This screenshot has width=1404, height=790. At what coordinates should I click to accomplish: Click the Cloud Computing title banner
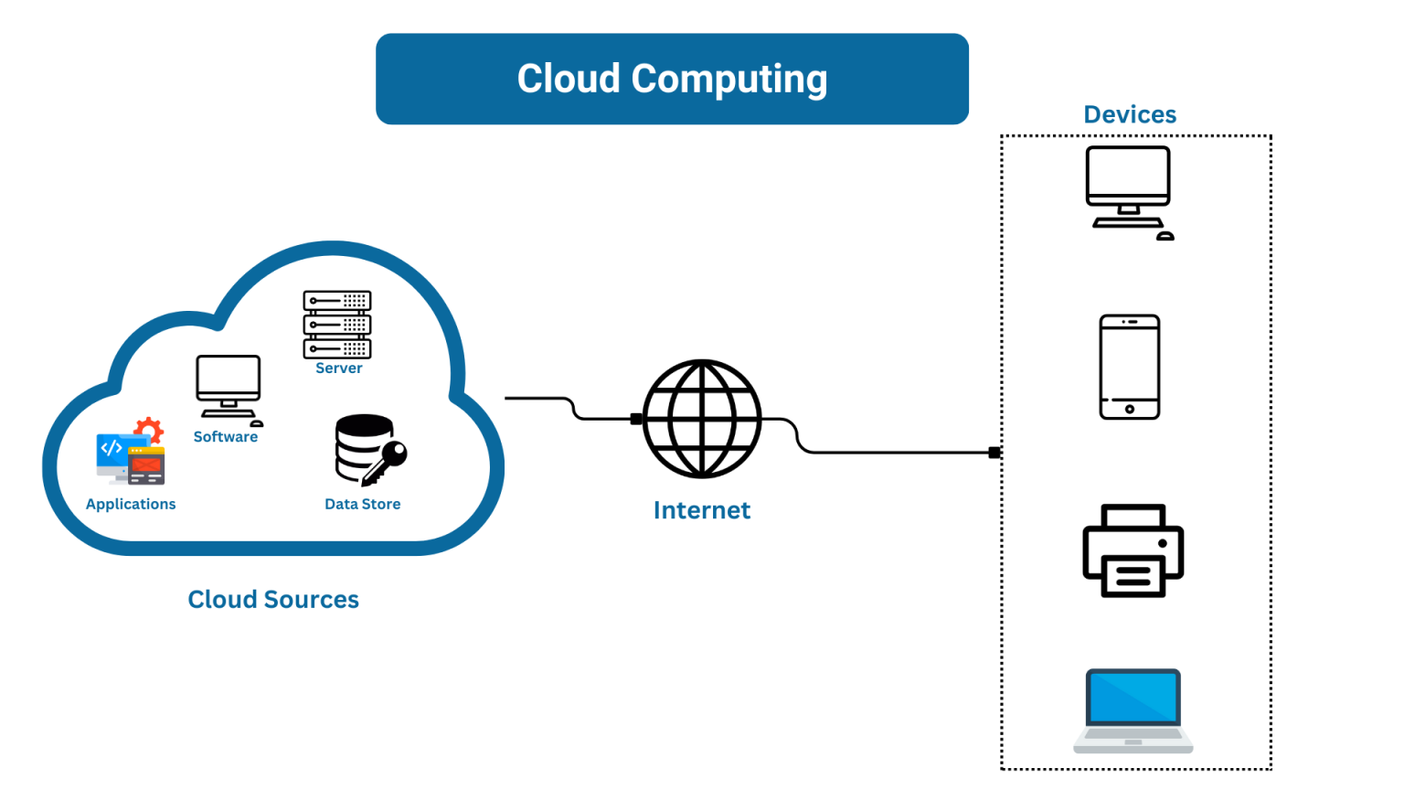pos(672,79)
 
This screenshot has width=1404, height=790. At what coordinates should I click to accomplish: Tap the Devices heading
pos(1130,114)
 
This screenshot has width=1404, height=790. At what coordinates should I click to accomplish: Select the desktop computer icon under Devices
pos(1129,190)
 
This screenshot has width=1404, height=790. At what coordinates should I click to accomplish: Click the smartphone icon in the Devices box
pos(1130,367)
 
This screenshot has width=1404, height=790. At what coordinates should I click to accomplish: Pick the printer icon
pos(1133,550)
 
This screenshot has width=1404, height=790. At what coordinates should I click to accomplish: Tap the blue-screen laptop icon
pos(1133,710)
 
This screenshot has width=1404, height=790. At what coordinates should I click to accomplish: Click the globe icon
pos(702,419)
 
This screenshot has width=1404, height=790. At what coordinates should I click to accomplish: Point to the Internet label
pos(702,510)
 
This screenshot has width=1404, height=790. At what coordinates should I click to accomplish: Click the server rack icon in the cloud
pos(337,325)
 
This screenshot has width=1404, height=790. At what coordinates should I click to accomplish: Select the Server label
pos(339,368)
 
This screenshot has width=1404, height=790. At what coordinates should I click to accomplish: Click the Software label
pos(226,437)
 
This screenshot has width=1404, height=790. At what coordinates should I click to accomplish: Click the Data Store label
pos(363,504)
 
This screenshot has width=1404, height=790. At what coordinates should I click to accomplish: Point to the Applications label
pos(131,504)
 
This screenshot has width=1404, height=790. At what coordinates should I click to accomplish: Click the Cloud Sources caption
pos(273,599)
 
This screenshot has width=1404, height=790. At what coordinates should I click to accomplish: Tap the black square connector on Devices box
pos(994,453)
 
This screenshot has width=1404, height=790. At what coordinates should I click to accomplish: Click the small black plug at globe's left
pos(636,419)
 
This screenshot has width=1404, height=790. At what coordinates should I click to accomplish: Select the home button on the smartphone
pos(1130,409)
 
